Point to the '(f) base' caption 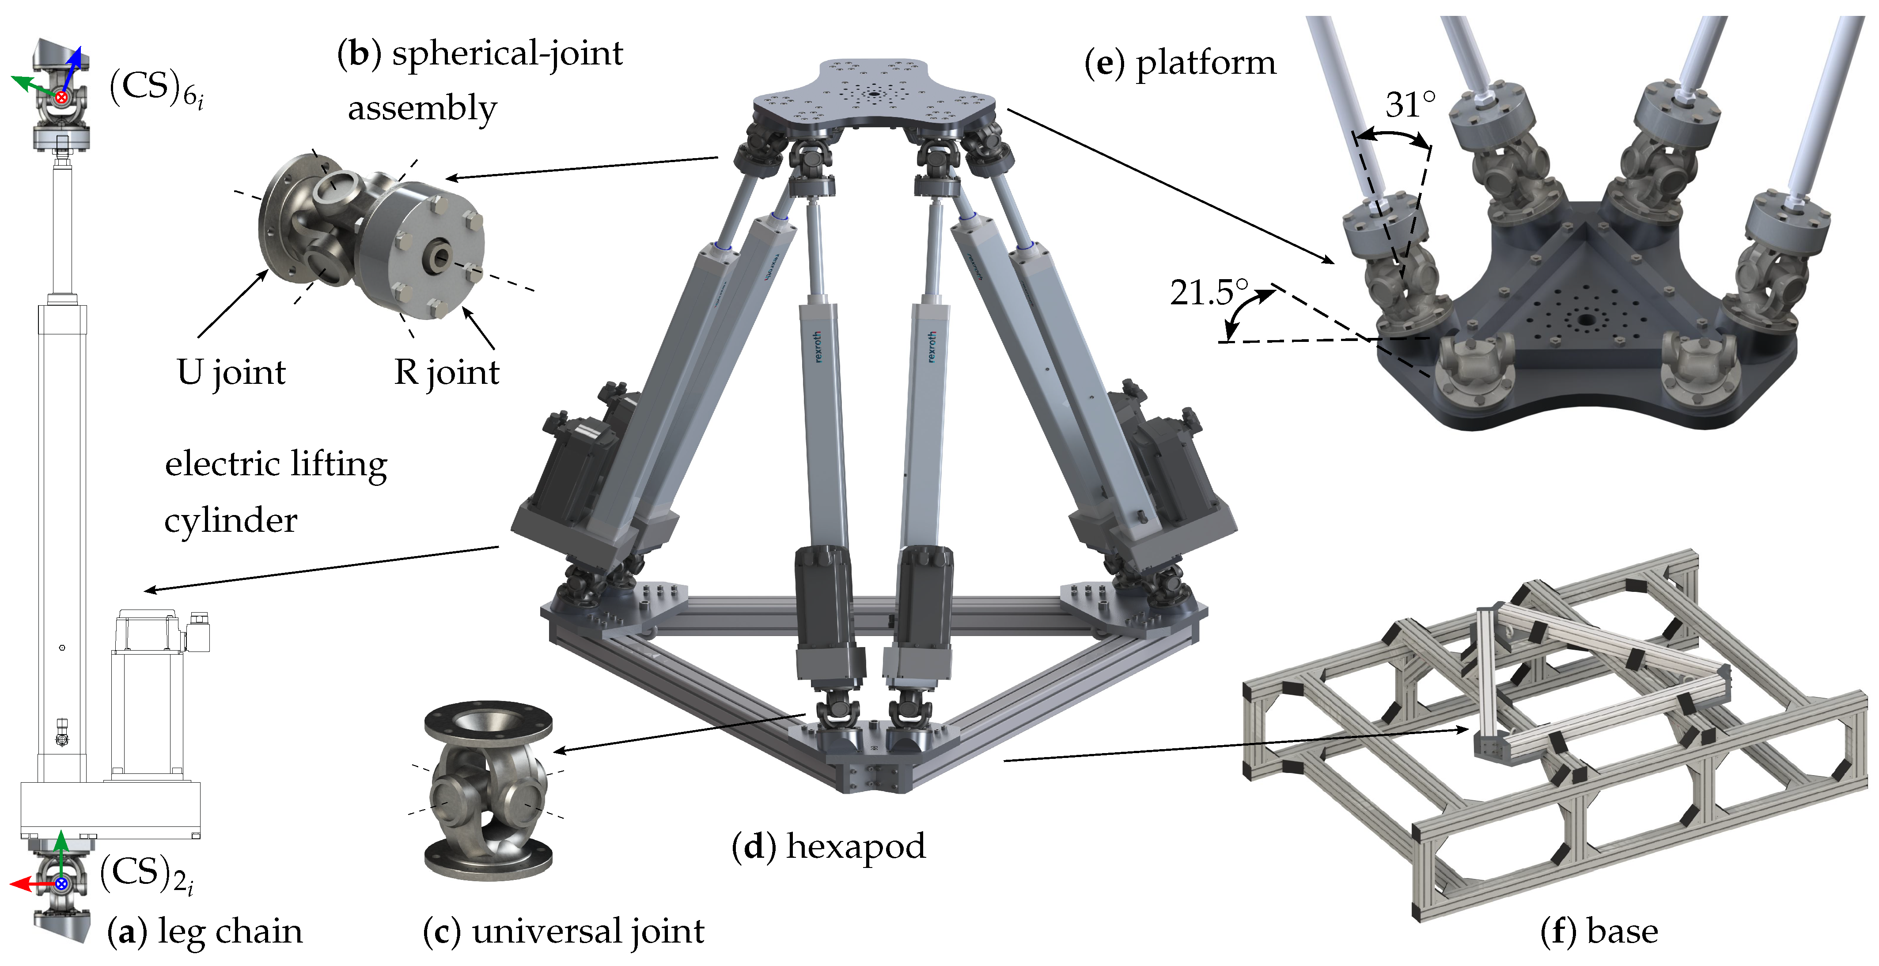pyautogui.click(x=1599, y=932)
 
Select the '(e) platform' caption pyautogui.click(x=1180, y=63)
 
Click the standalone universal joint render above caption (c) pyautogui.click(x=487, y=791)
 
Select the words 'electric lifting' pyautogui.click(x=276, y=464)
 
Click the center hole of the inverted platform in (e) pyautogui.click(x=1584, y=319)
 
